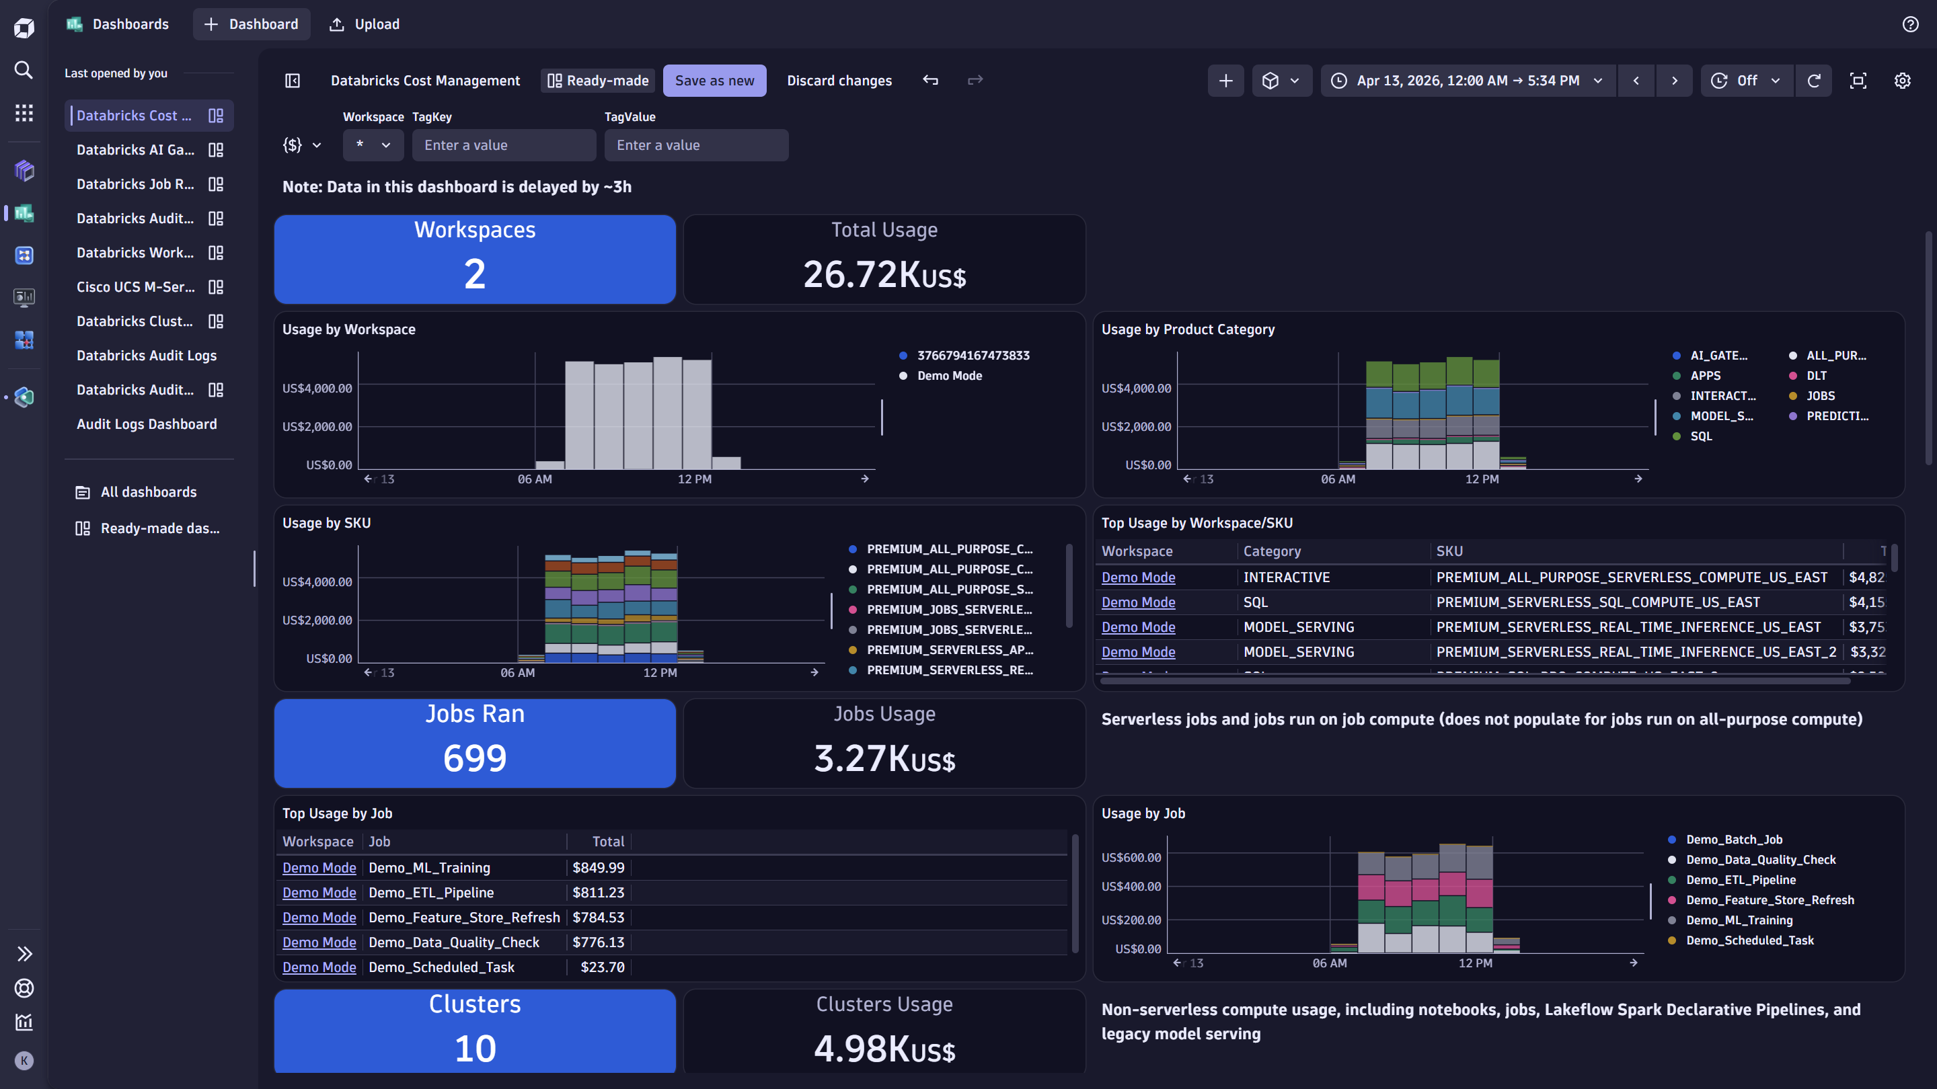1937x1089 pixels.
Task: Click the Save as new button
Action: (x=714, y=81)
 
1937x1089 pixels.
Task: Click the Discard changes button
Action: (x=839, y=81)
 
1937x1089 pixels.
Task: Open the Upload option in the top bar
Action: (x=365, y=24)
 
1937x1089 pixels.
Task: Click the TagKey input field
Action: (x=503, y=145)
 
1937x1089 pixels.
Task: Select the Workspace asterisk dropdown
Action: (x=373, y=145)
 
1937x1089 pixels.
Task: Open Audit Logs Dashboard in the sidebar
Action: (x=147, y=424)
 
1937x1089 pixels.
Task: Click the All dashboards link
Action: (x=148, y=492)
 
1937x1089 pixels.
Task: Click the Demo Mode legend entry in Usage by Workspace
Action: (x=949, y=376)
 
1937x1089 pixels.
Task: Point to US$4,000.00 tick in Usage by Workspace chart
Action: (x=317, y=389)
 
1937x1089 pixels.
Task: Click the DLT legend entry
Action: (x=1816, y=376)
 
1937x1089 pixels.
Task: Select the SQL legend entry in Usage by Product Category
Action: (x=1700, y=436)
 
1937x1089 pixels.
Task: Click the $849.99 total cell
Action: (x=598, y=867)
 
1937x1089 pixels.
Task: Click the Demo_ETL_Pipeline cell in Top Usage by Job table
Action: (x=431, y=892)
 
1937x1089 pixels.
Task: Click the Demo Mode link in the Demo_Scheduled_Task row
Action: (x=319, y=967)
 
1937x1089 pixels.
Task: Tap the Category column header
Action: (x=1272, y=551)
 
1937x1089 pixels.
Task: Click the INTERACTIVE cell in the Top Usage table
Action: (x=1286, y=577)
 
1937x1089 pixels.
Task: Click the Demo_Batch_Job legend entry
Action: (x=1733, y=840)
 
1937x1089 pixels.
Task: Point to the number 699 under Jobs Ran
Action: (x=474, y=758)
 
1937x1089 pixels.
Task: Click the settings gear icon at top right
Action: (x=1901, y=81)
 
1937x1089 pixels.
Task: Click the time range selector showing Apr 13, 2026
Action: (x=1467, y=81)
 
